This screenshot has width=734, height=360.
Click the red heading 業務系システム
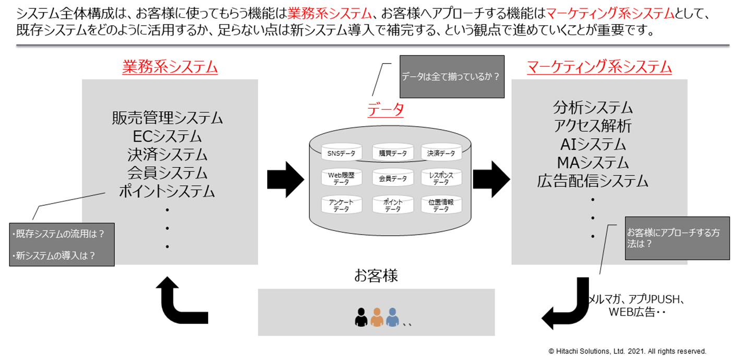(x=170, y=67)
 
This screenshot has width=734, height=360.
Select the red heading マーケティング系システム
(x=599, y=67)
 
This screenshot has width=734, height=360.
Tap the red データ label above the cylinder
(x=386, y=109)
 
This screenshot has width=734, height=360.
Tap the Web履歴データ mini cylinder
(x=341, y=178)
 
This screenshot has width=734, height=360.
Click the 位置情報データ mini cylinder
(x=441, y=204)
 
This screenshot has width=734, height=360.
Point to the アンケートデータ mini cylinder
(x=341, y=204)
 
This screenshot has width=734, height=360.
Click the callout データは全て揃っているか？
(x=452, y=77)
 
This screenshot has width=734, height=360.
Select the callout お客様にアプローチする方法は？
(x=677, y=238)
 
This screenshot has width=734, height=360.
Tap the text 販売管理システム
(x=167, y=118)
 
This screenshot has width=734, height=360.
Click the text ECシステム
(x=167, y=136)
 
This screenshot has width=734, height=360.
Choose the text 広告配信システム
(x=593, y=181)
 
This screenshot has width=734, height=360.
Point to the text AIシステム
(x=593, y=144)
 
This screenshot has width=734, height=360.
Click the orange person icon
(x=377, y=317)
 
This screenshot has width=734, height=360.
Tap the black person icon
(x=361, y=317)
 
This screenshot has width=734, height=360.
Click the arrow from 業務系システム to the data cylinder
(x=285, y=178)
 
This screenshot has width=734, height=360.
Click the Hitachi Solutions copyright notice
(x=627, y=351)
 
